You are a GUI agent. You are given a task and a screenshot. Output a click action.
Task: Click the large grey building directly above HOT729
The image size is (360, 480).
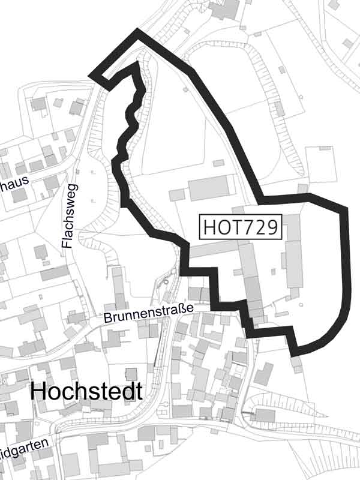pos(210,188)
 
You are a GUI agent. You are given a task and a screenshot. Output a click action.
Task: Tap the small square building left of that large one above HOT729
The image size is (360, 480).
pos(177,194)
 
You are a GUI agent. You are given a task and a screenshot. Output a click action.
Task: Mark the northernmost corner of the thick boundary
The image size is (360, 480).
pos(139,31)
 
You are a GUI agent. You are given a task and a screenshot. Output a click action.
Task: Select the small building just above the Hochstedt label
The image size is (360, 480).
pos(130,374)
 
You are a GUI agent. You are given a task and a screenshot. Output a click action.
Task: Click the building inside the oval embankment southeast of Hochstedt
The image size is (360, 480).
pos(264,415)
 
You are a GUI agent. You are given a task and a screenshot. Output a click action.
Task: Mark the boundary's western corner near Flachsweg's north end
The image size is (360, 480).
pos(92,75)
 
